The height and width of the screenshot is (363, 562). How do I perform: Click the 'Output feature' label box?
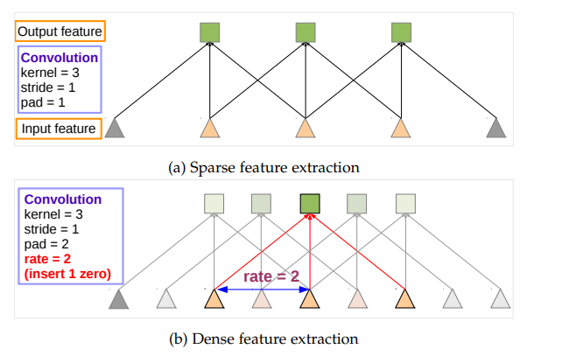point(60,32)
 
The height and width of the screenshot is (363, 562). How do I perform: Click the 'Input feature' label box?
point(60,129)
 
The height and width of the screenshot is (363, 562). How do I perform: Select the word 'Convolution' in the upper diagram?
point(58,58)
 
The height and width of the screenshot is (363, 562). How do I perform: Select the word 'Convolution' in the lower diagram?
point(63,199)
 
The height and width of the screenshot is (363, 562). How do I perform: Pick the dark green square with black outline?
point(309,204)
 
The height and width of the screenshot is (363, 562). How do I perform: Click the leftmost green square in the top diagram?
point(208,33)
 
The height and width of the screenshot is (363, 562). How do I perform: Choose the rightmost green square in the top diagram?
point(401,33)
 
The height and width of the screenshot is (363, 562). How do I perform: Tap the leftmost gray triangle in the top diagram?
point(115,128)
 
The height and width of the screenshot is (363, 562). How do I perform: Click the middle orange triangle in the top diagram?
point(305,128)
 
